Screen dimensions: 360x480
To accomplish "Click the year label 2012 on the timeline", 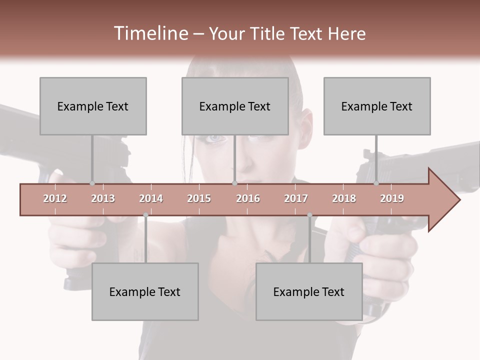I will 55,198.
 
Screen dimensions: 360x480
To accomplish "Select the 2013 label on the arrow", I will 103,198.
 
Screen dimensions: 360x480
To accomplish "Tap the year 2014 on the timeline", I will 151,198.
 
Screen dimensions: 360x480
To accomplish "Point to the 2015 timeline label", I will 199,198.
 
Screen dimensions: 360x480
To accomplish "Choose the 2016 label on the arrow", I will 248,198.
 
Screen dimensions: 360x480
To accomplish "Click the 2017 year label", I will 296,198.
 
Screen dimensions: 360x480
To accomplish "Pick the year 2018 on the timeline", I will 344,198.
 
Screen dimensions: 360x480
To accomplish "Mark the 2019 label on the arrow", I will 392,198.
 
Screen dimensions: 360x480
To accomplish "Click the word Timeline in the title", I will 149,33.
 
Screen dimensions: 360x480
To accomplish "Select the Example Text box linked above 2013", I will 93,106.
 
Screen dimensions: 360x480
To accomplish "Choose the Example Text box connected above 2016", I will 235,106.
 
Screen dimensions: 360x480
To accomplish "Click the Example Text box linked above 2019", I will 377,106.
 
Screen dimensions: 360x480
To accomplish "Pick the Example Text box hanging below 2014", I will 145,291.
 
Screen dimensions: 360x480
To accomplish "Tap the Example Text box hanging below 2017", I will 309,291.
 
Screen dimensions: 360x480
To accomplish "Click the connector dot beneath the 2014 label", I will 145,215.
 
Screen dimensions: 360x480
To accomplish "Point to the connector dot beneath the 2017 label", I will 309,215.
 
